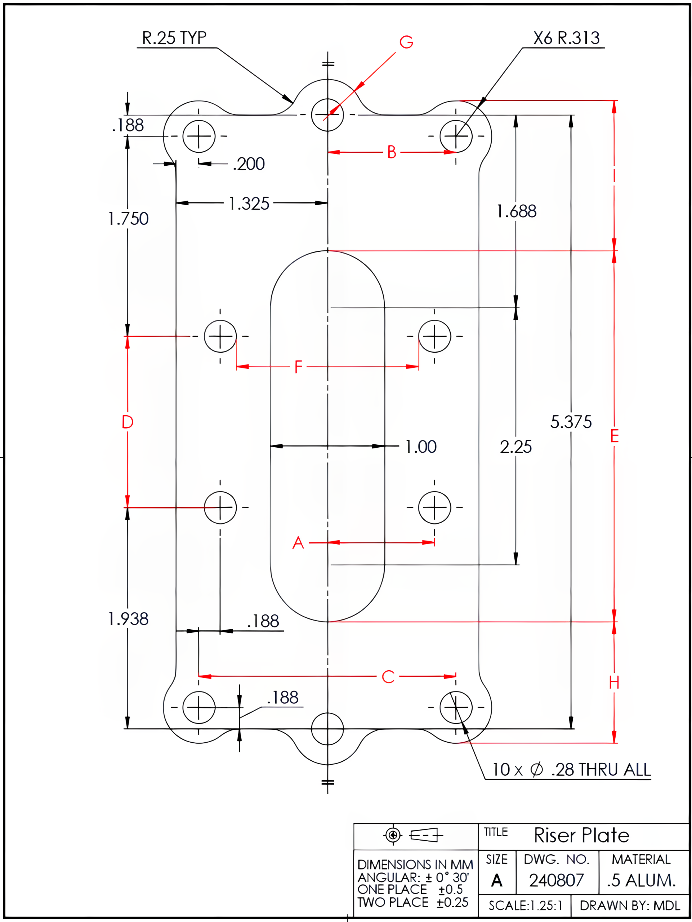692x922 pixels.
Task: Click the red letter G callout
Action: (406, 42)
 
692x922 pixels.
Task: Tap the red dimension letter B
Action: (392, 152)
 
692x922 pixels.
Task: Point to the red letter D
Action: (128, 422)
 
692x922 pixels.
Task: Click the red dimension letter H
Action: (613, 683)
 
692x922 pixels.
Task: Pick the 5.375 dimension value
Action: (571, 422)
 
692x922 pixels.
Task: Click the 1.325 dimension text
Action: (249, 204)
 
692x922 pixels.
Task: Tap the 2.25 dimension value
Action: (515, 447)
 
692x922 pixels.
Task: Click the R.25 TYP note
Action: (174, 38)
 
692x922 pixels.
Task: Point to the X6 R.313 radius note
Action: (566, 38)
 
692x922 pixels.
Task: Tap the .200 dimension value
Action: (249, 164)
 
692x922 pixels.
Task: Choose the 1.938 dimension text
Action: (128, 619)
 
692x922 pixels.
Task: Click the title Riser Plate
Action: (581, 835)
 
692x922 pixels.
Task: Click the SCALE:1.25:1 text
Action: (525, 905)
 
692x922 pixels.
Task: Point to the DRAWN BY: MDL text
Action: (629, 905)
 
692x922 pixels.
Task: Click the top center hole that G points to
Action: (327, 115)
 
